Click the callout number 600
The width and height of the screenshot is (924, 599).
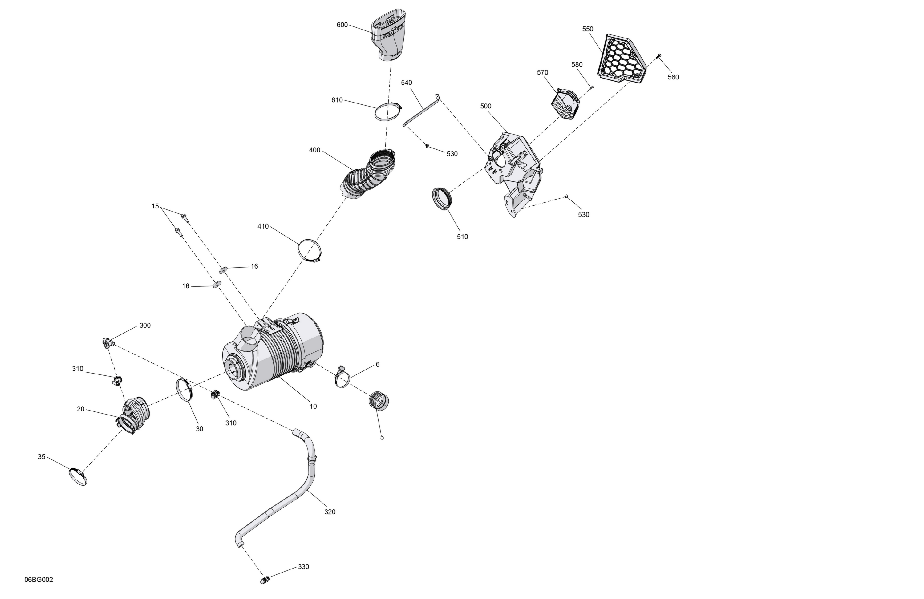pos(342,25)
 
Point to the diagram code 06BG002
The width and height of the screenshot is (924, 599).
pos(39,580)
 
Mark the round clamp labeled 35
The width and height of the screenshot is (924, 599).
pos(78,476)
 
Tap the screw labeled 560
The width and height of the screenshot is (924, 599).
pos(659,56)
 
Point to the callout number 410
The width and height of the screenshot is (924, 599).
pos(263,226)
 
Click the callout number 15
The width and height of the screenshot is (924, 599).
pos(155,206)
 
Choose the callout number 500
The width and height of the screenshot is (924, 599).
pos(486,106)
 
